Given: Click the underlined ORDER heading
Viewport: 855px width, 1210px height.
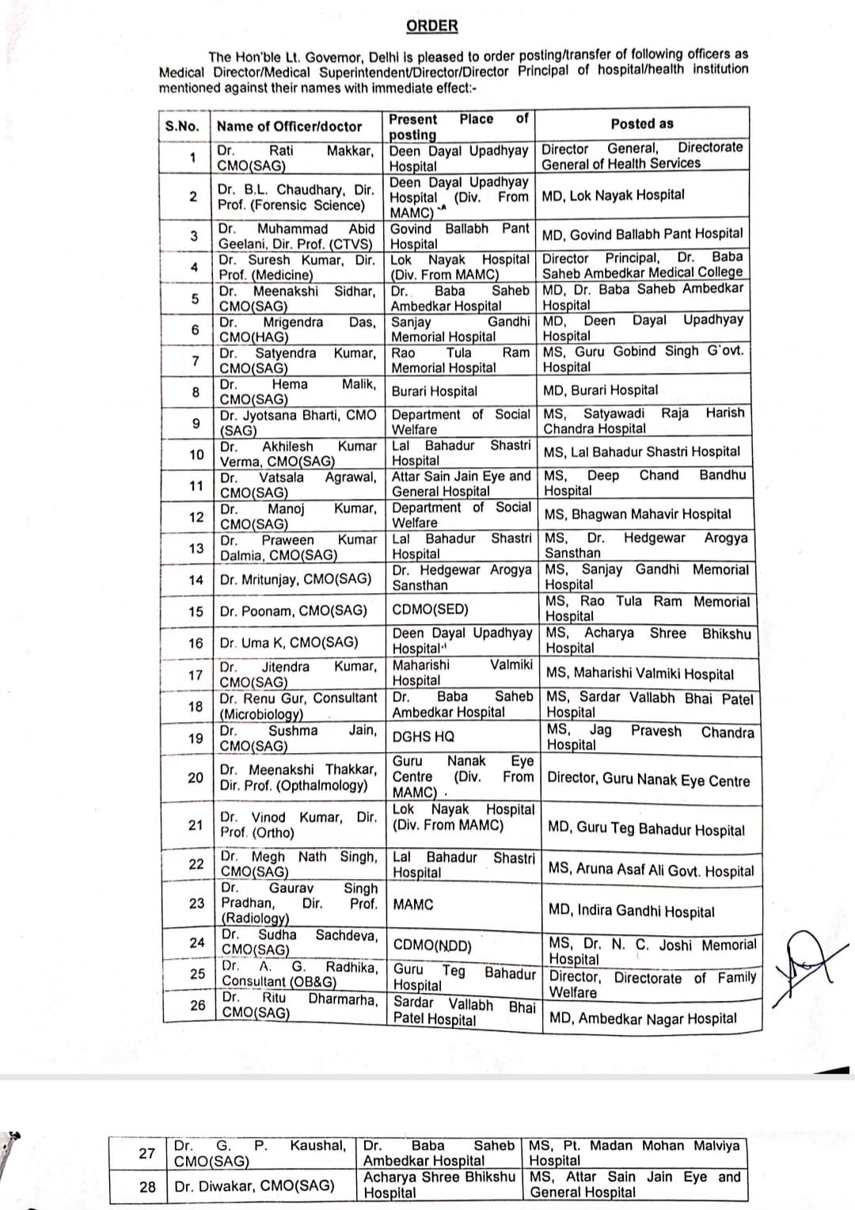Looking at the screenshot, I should click(x=431, y=26).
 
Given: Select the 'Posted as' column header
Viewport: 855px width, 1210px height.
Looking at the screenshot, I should click(x=642, y=124).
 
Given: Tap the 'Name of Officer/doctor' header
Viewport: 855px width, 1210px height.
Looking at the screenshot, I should click(x=289, y=126).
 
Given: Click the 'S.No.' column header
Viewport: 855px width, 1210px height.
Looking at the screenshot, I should click(x=182, y=126).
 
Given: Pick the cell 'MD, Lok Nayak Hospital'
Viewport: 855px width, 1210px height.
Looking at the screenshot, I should click(x=613, y=195).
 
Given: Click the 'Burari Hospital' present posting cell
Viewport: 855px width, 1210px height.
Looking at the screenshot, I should click(x=435, y=391).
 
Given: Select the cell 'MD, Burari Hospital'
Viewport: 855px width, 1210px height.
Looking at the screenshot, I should click(x=600, y=390).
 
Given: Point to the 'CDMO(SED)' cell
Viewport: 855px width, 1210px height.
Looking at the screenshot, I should click(x=431, y=609).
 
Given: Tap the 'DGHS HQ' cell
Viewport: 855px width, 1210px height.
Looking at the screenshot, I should click(x=424, y=736).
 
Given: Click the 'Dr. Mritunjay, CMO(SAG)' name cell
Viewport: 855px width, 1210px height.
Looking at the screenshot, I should click(x=295, y=579).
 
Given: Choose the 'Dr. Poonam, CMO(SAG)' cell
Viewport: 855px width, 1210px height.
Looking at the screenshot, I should click(x=294, y=611).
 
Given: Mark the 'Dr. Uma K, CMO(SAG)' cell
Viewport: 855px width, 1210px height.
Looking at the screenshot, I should click(x=289, y=642).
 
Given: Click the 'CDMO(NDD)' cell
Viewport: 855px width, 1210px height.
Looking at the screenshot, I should click(x=432, y=946).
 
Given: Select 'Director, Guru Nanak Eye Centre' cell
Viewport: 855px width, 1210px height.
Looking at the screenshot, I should click(x=648, y=780).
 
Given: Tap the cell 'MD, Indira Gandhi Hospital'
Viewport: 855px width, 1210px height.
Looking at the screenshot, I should click(x=631, y=911).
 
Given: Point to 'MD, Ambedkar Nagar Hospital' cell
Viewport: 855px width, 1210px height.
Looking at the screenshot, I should click(x=643, y=1018).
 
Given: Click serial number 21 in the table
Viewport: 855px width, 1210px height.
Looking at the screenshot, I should click(x=196, y=824).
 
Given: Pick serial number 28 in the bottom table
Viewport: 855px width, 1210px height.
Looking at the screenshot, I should click(x=147, y=1186).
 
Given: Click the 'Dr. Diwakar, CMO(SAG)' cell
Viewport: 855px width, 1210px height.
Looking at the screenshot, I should click(x=254, y=1185).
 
